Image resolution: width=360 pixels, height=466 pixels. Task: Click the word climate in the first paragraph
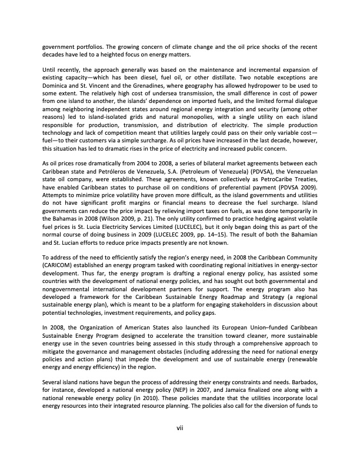[195, 46]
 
